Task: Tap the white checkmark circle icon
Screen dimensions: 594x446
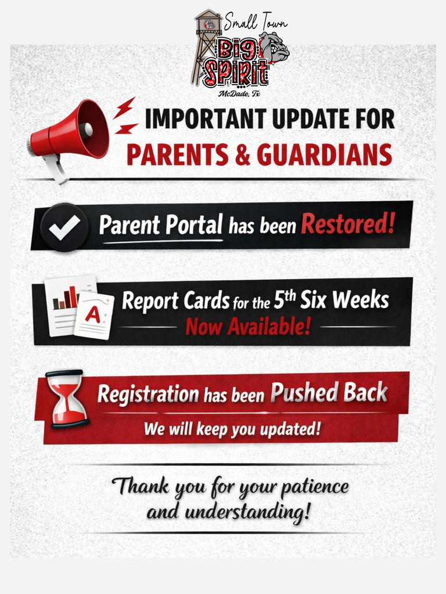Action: (x=64, y=227)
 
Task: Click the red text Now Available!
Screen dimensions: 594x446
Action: (x=248, y=327)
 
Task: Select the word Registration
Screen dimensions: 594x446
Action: (x=148, y=394)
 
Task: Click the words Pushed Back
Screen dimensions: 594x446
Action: (x=328, y=393)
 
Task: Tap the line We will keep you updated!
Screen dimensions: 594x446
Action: (x=232, y=430)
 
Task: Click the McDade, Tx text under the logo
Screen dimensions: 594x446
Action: (x=239, y=93)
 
